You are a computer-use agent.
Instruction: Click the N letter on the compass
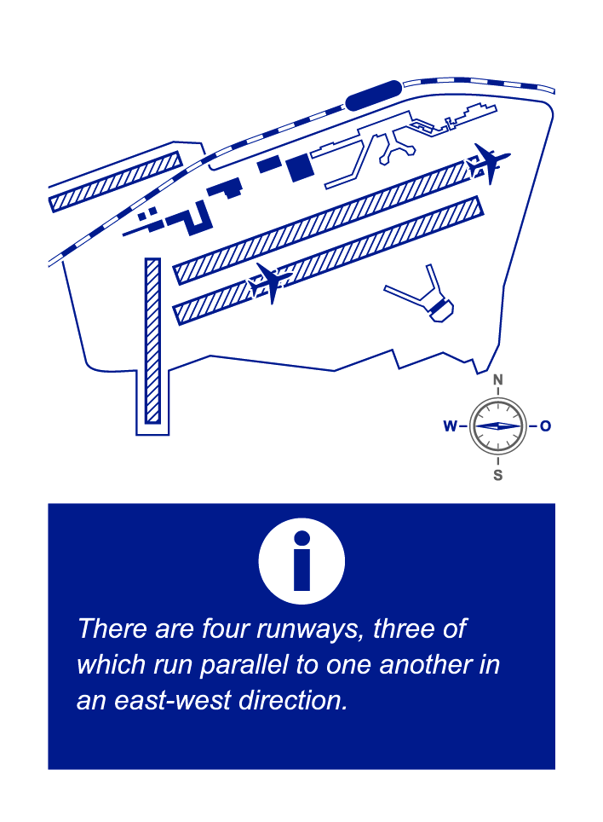497,379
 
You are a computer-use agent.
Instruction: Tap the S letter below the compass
497,475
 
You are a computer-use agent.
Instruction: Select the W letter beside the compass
451,425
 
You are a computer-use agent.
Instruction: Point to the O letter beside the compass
545,425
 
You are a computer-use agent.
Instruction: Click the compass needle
497,425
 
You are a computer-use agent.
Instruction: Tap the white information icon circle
301,561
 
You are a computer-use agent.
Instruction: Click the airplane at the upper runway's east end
488,163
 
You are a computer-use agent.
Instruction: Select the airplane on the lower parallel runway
270,282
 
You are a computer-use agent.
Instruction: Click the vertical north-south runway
152,341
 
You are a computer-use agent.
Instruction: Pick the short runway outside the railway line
115,182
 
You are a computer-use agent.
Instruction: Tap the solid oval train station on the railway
374,95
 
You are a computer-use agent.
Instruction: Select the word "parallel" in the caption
244,664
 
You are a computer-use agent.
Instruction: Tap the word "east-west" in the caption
173,700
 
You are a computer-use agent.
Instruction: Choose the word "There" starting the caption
112,628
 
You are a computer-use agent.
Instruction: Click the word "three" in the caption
404,628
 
